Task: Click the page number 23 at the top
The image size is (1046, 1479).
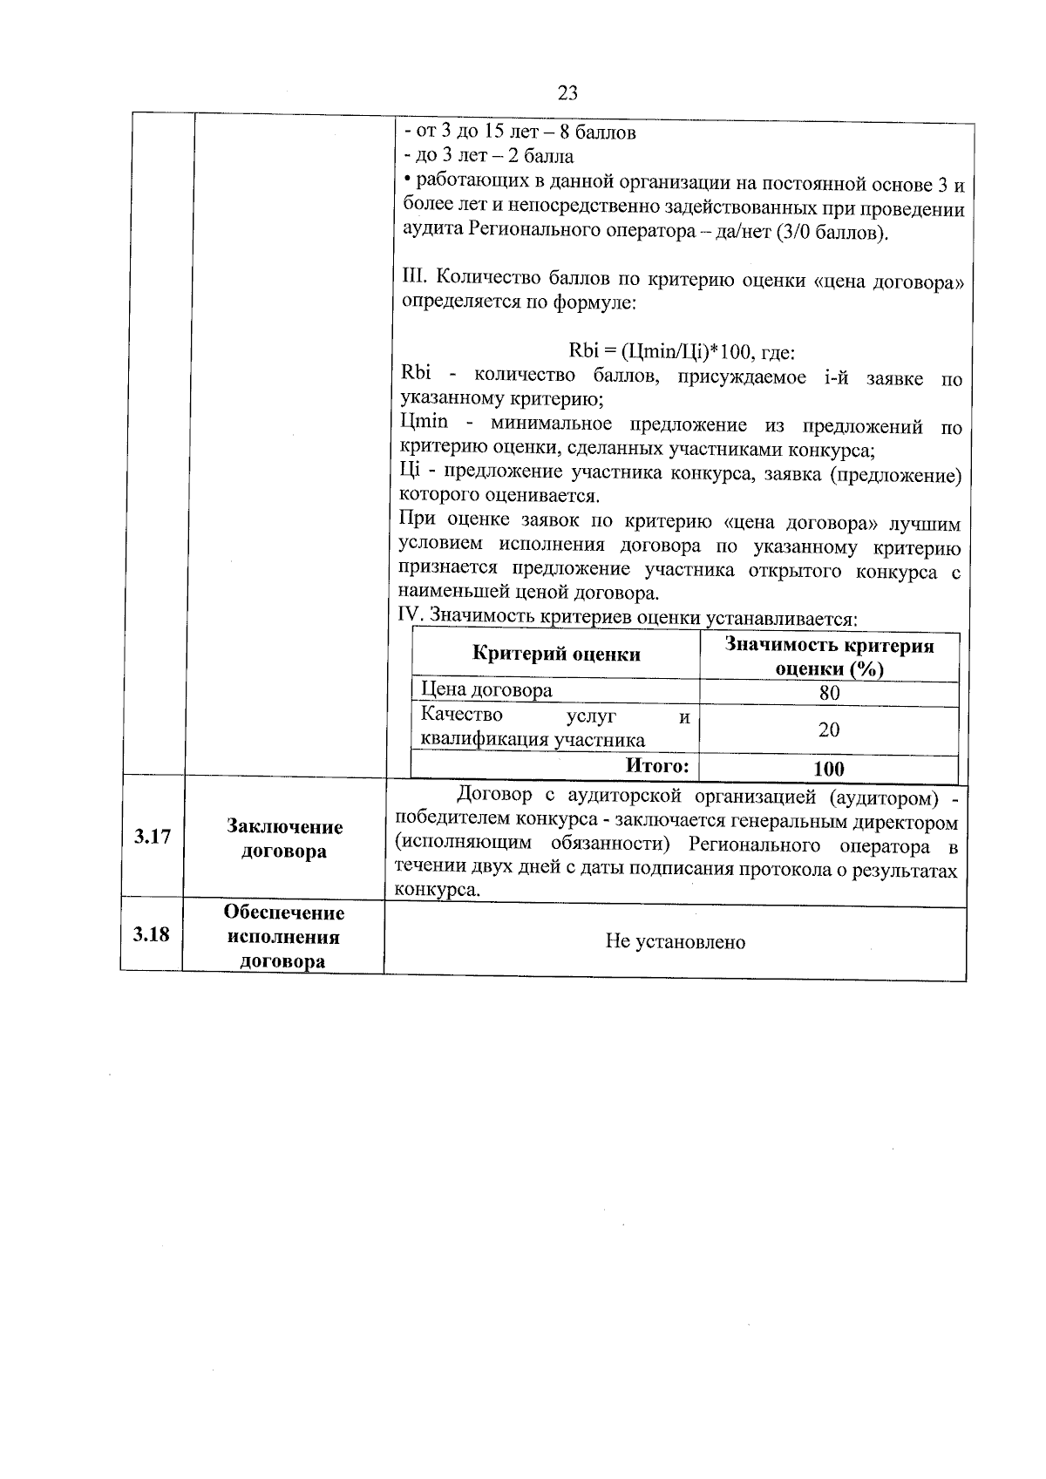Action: pyautogui.click(x=567, y=93)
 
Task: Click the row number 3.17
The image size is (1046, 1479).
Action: pyautogui.click(x=152, y=838)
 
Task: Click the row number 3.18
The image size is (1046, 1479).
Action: pyautogui.click(x=151, y=935)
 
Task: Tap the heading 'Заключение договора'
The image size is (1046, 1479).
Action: pyautogui.click(x=284, y=838)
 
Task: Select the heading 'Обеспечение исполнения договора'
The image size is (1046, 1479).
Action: pyautogui.click(x=284, y=937)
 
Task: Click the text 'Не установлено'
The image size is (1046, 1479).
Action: pyautogui.click(x=676, y=942)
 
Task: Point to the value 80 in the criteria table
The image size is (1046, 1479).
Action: pyautogui.click(x=829, y=693)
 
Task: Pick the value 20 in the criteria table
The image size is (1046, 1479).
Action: pyautogui.click(x=829, y=729)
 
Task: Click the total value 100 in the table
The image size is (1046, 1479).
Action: pyautogui.click(x=828, y=768)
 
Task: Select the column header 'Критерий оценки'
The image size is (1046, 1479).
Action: pyautogui.click(x=556, y=655)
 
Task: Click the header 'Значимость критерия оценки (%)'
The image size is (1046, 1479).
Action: pyautogui.click(x=829, y=657)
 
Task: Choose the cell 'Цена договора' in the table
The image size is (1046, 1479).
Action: pyautogui.click(x=486, y=690)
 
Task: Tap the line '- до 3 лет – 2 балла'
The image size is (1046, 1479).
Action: pyautogui.click(x=489, y=157)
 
